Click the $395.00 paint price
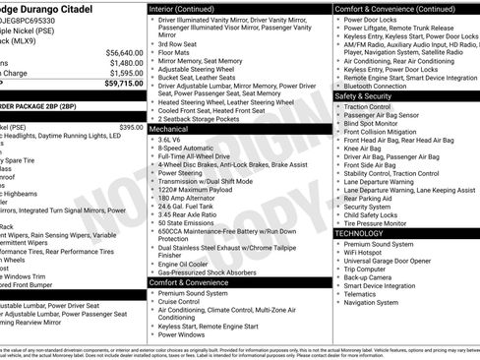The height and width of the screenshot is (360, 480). click(131, 127)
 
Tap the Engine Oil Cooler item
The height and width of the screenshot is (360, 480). click(183, 264)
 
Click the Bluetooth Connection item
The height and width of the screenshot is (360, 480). click(379, 86)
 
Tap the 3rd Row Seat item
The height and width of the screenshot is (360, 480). click(177, 44)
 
